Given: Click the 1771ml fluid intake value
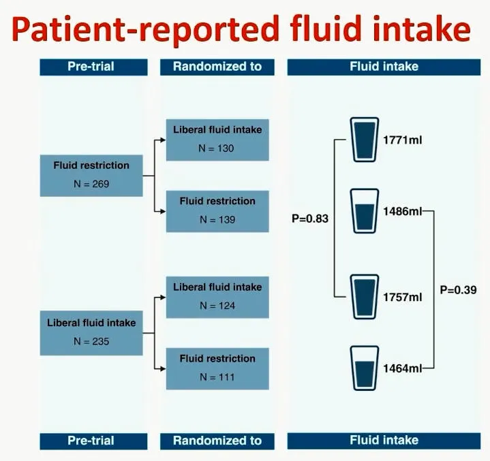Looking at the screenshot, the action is click(403, 140).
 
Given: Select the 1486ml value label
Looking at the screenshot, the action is click(403, 212).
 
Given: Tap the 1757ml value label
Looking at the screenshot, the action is click(403, 297).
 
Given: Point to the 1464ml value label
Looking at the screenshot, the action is click(403, 368).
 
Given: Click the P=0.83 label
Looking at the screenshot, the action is click(310, 219).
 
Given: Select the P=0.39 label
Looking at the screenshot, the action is click(458, 290).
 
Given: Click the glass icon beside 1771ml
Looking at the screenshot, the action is click(365, 140).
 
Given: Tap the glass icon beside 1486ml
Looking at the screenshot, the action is click(365, 211).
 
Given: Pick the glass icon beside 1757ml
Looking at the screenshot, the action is click(365, 297).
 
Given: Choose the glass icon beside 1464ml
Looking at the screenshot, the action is click(365, 368).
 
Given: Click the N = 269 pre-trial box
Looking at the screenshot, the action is click(91, 176).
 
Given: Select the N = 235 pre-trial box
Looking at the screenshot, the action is click(91, 333).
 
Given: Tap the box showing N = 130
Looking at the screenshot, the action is click(217, 140).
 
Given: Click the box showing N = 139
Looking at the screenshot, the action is click(217, 212).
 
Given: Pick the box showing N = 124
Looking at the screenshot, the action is click(217, 298).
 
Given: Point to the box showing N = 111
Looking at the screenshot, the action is click(217, 369).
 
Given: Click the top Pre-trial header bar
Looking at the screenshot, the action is click(93, 67).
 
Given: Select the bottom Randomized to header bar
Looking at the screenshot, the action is click(217, 441).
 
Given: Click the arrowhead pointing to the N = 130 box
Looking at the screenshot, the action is click(163, 140).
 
